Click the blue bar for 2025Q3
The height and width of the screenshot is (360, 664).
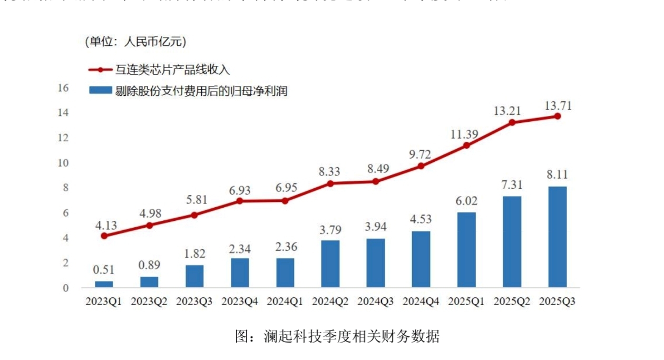[x=557, y=237]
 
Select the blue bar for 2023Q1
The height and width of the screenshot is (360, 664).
[x=104, y=284]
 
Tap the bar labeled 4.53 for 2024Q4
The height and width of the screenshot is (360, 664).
[x=421, y=259]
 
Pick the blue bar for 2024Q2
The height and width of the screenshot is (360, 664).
[x=330, y=264]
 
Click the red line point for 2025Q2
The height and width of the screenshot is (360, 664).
[x=512, y=122]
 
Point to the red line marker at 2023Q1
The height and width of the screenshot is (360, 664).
[x=104, y=236]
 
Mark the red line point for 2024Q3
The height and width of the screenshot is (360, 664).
[x=376, y=181]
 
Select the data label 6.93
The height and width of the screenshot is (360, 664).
[x=240, y=189]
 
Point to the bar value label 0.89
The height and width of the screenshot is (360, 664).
[x=149, y=265]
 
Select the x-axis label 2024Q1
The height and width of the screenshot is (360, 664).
[x=285, y=301]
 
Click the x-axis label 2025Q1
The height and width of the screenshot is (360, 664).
[x=466, y=301]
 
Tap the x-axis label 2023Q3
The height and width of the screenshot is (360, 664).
[x=194, y=301]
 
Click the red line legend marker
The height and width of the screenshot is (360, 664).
[x=100, y=70]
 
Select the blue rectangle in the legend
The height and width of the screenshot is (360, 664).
[x=100, y=91]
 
